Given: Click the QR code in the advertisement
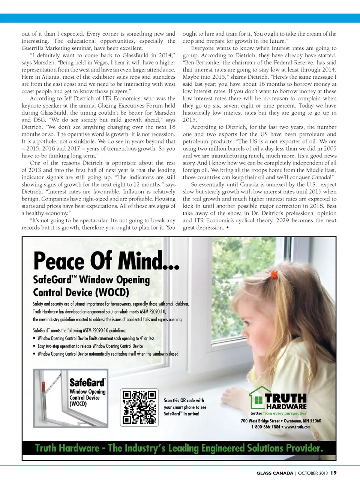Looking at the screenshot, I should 139,407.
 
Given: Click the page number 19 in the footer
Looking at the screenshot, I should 333,473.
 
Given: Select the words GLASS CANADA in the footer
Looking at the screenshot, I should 274,473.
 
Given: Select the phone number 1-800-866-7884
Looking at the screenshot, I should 265,427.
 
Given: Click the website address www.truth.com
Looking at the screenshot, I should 297,427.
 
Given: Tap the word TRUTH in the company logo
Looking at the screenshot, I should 286,398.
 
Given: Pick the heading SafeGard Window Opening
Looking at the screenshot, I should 91,280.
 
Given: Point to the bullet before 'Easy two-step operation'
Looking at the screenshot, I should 34,346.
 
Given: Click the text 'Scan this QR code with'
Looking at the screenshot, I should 184,400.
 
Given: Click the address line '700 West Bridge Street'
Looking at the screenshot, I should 260,421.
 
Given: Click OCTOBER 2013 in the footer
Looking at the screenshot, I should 313,473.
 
